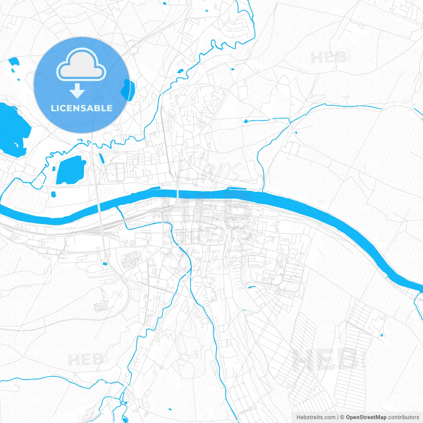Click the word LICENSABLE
[x=82, y=108]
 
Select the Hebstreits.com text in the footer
[x=316, y=417]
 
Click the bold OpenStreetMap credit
[x=366, y=417]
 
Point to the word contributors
[x=404, y=417]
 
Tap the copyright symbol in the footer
[x=342, y=417]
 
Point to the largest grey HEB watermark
[x=326, y=360]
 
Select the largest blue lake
[x=13, y=129]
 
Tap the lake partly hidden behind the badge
[x=126, y=90]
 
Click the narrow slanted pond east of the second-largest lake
[x=102, y=158]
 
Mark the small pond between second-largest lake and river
[x=54, y=194]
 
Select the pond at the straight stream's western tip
[x=246, y=121]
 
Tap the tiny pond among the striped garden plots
[x=382, y=335]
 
